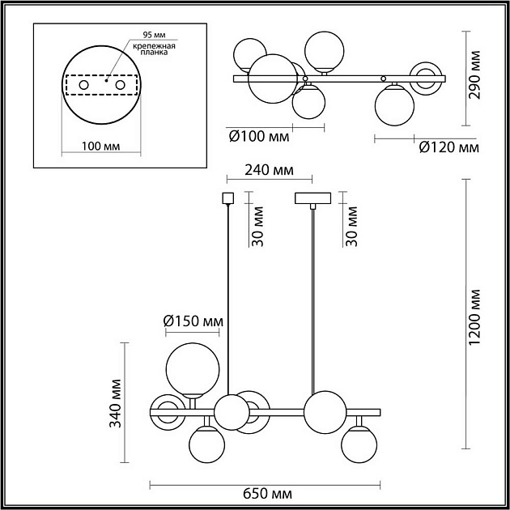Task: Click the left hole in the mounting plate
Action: click(83, 84)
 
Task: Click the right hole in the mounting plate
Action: click(120, 84)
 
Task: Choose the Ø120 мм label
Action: click(448, 147)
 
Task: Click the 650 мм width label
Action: click(266, 494)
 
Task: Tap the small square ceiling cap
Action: click(227, 198)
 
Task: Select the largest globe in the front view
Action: click(192, 368)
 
